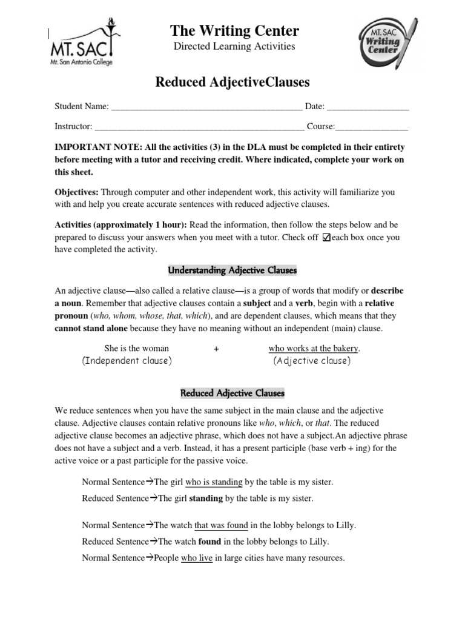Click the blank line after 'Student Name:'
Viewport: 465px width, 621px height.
pyautogui.click(x=206, y=107)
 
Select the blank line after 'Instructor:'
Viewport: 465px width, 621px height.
pyautogui.click(x=200, y=127)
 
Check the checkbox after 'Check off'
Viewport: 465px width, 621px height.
pyautogui.click(x=327, y=238)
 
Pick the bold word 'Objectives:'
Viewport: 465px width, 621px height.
pyautogui.click(x=76, y=192)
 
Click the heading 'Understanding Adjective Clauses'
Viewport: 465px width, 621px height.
pyautogui.click(x=232, y=270)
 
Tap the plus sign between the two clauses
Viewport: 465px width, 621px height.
pyautogui.click(x=216, y=349)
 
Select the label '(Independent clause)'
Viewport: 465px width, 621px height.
pyautogui.click(x=127, y=361)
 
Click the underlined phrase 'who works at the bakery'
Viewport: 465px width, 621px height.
pyautogui.click(x=313, y=348)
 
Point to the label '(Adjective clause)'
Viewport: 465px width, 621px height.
pyautogui.click(x=312, y=361)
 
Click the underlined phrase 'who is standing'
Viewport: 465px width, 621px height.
pyautogui.click(x=214, y=482)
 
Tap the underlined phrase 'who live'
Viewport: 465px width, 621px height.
pyautogui.click(x=197, y=558)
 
